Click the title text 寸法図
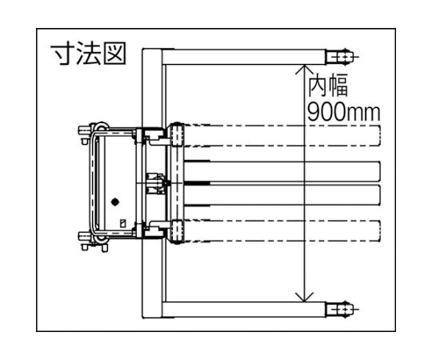click(89, 54)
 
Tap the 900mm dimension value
click(343, 112)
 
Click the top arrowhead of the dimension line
click(304, 69)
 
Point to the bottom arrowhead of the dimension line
click(304, 297)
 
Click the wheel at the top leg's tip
click(340, 57)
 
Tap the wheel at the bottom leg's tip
click(340, 310)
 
